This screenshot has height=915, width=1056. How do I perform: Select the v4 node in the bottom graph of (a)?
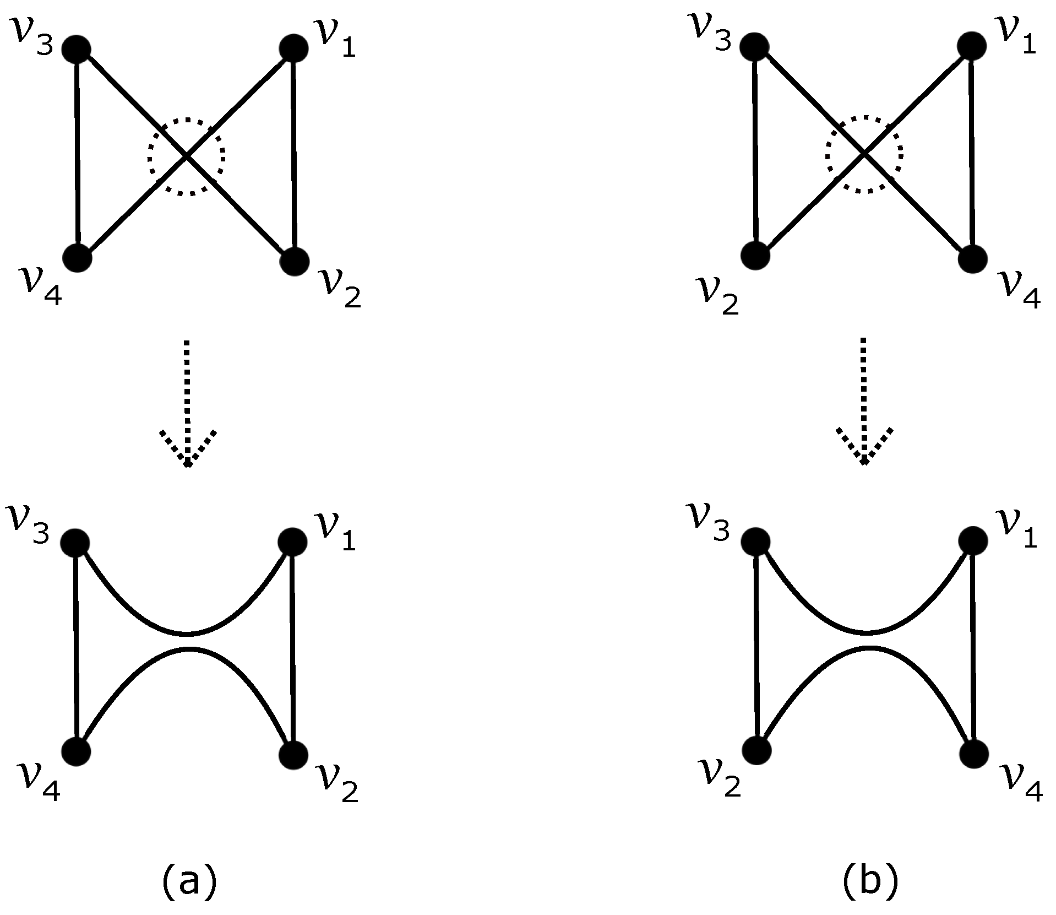click(x=76, y=752)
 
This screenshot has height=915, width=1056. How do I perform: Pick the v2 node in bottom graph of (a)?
click(x=293, y=755)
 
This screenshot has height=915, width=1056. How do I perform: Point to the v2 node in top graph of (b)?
click(x=755, y=256)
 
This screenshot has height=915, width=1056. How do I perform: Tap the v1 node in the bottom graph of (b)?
click(x=972, y=541)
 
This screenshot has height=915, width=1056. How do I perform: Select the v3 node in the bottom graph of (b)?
click(x=755, y=543)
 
